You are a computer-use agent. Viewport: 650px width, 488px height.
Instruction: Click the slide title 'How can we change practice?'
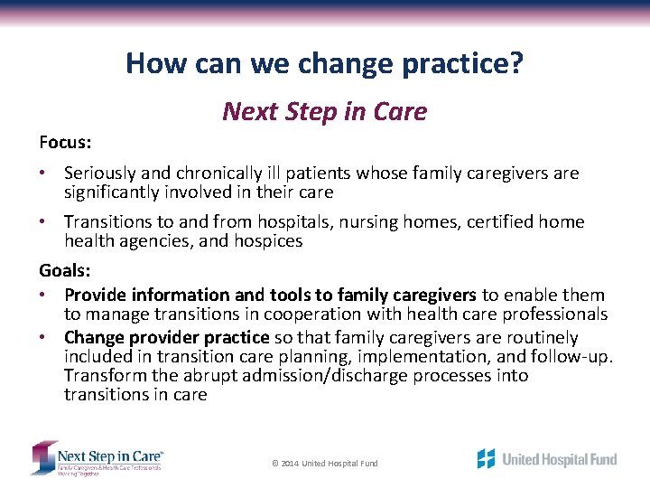click(x=324, y=63)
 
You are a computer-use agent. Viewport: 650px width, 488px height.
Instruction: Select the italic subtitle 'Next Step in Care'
click(x=324, y=111)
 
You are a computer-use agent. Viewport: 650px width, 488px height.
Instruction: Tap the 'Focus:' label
click(x=66, y=143)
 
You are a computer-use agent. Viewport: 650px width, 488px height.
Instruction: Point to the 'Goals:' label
click(x=65, y=270)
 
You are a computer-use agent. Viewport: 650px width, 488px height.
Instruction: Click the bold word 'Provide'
click(x=96, y=295)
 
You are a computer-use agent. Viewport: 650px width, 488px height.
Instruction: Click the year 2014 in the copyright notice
click(x=290, y=464)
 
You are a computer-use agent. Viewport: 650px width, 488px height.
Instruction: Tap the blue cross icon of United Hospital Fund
click(x=487, y=458)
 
